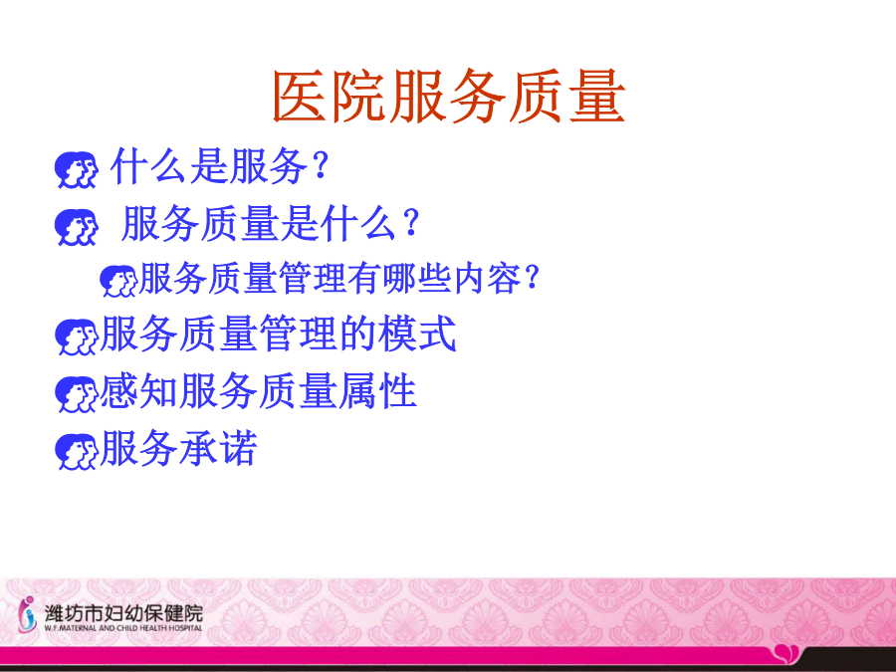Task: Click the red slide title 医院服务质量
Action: tap(449, 96)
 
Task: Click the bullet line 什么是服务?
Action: tap(220, 166)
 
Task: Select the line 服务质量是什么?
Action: tap(271, 223)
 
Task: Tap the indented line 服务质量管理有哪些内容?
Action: tap(339, 279)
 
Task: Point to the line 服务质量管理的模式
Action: tap(279, 334)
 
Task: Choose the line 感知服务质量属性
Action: tap(258, 391)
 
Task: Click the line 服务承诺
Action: tap(179, 448)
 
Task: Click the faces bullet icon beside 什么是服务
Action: tap(76, 169)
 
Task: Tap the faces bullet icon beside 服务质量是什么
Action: tap(76, 227)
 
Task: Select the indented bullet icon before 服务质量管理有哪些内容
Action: tap(118, 281)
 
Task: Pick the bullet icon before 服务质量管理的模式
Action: tap(76, 337)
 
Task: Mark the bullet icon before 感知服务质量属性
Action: tap(76, 394)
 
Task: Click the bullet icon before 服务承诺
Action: tap(76, 452)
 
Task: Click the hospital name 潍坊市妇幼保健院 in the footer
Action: tap(123, 613)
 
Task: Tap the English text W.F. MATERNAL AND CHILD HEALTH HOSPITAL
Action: tap(123, 627)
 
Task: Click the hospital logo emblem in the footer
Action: tap(26, 614)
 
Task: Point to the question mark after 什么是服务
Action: tap(322, 164)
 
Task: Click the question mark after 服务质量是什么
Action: tap(412, 222)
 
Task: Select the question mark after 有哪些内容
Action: tap(532, 277)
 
